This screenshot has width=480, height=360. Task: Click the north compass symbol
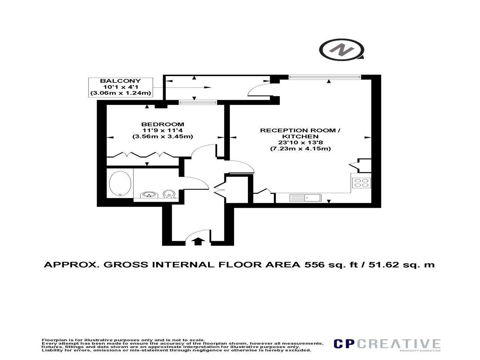[x=341, y=49]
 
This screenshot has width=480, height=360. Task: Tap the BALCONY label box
[x=120, y=87]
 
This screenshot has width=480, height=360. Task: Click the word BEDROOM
[x=162, y=124]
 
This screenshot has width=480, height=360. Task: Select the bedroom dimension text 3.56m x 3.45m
[x=162, y=136]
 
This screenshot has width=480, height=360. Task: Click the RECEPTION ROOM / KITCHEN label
[x=300, y=133]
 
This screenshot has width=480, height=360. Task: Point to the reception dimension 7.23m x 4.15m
[x=300, y=148]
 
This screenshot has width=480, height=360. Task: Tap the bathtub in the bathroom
[x=120, y=183]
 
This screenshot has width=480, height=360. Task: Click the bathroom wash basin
[x=149, y=195]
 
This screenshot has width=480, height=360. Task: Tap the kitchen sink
[x=305, y=198]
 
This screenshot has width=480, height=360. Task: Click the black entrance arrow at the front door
[x=198, y=241]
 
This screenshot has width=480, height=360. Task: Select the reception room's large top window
[x=325, y=77]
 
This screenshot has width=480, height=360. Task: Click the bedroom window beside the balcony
[x=198, y=102]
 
